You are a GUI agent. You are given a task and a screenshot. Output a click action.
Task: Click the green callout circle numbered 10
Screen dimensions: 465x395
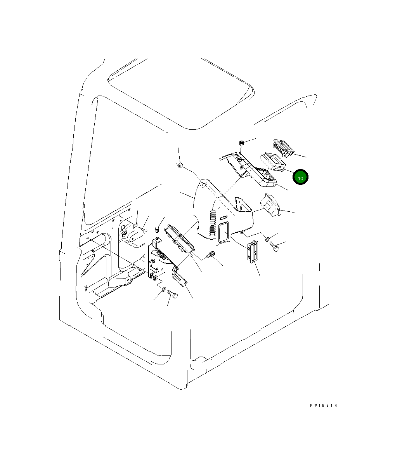[x=300, y=177]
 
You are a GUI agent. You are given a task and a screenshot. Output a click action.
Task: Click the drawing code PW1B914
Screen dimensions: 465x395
[x=324, y=406]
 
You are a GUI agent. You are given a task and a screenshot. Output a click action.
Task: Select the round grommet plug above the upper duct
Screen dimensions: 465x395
[x=241, y=143]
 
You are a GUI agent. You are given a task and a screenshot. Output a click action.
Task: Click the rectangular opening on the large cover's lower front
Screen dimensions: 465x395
[x=224, y=232]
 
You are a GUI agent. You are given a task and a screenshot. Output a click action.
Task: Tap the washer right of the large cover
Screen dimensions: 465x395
[x=269, y=238]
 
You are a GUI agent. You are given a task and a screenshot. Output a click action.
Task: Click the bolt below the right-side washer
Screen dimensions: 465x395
[x=275, y=247]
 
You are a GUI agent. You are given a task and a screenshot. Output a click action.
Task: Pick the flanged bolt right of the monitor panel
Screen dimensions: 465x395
[x=211, y=255]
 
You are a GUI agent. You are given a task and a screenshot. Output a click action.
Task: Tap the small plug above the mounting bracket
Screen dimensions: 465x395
[x=158, y=228]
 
